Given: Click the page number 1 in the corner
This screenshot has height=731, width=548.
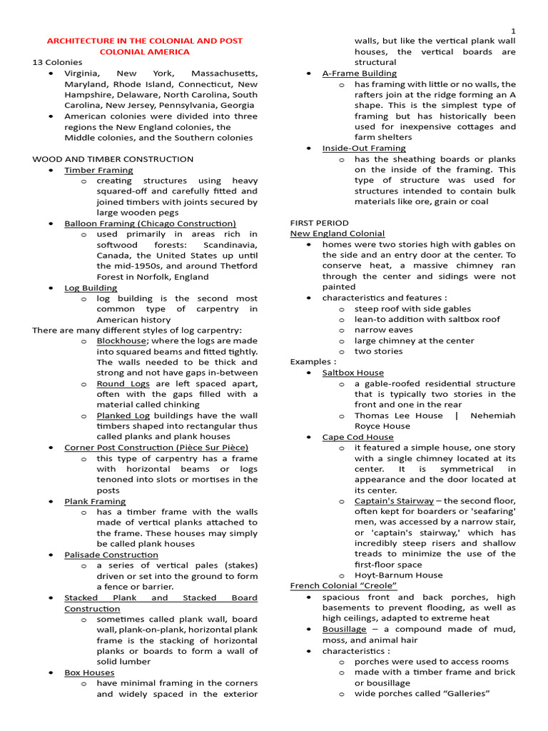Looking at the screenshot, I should pos(513,29).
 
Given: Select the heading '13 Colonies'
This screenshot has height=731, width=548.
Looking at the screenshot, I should pos(58,62).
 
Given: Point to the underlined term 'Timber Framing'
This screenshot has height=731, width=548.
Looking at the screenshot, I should pos(98,170).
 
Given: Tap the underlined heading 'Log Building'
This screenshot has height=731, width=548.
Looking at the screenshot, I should pos(91,288).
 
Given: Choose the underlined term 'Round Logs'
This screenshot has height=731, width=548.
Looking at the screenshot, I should pos(123,384).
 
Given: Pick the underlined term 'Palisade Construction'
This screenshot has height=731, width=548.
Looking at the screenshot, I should pos(111,555).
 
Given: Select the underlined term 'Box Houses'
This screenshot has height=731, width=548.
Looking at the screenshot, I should pos(89,672).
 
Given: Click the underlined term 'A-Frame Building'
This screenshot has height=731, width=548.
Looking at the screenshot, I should pos(360,74).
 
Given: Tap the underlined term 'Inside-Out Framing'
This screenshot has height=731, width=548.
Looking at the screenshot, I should pos(364,148).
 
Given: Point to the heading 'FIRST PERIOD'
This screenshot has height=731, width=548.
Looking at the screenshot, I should pos(320,223).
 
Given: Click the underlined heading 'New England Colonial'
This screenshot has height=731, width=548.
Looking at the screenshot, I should pos(338,233).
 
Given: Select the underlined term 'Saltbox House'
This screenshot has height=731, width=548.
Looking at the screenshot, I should pos(352,373).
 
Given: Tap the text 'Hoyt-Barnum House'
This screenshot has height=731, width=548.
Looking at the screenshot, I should pos(398,575).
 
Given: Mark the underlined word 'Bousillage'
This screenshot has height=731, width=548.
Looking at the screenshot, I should pos(344,629).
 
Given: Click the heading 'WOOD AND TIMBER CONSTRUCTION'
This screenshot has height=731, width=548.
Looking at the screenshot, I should pos(113,159).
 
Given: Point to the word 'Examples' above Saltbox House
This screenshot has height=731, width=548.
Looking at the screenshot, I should pos(310,362).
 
